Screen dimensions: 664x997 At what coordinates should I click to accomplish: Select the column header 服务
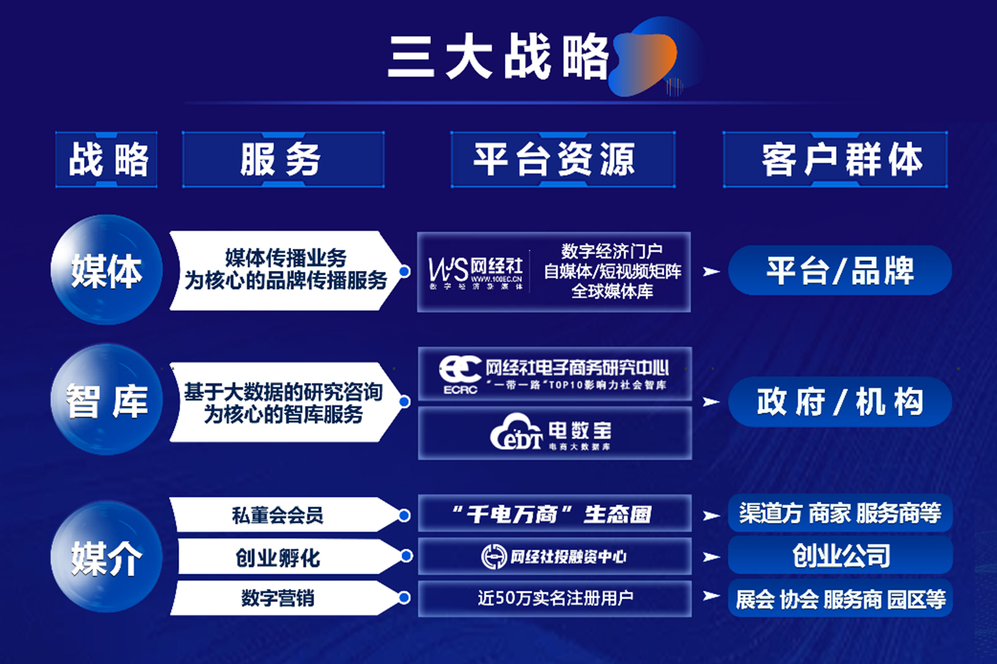pos(281,160)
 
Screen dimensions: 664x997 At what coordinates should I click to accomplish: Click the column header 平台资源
pos(562,160)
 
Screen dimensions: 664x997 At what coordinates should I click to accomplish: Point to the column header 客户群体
pos(835,160)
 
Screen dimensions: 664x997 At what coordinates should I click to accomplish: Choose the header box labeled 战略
pos(106,160)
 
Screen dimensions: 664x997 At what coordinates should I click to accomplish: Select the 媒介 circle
pos(106,558)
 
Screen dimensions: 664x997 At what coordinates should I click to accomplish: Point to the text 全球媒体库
pos(613,291)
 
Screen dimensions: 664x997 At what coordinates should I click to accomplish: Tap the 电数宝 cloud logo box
pos(554,434)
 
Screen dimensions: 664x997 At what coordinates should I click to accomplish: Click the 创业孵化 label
pos(278,558)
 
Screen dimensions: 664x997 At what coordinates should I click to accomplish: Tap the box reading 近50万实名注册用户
pos(554,599)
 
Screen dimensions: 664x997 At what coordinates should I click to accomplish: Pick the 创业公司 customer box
pos(840,556)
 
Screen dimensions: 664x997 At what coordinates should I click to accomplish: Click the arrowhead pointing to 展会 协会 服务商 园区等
pos(711,597)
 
